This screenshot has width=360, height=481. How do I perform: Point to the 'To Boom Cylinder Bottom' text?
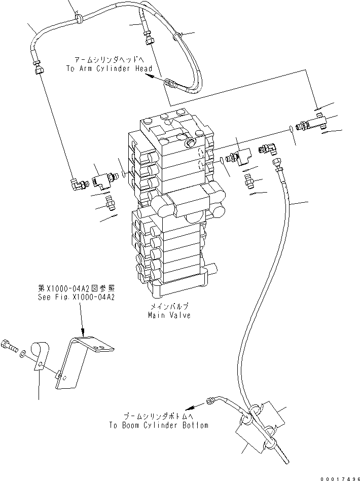pyautogui.click(x=158, y=425)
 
